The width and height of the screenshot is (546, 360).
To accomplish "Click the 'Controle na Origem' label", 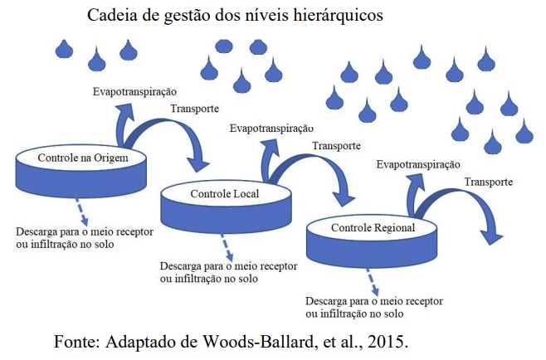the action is (x=83, y=158).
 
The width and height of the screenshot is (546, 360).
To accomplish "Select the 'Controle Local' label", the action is (x=225, y=193).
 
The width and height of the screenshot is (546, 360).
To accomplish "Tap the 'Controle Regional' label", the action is (x=373, y=228).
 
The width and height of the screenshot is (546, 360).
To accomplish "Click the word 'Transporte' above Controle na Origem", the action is (x=195, y=109).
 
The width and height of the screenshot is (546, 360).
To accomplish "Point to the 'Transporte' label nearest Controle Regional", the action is (x=489, y=182).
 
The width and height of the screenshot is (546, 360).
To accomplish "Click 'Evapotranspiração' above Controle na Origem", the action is (x=134, y=91).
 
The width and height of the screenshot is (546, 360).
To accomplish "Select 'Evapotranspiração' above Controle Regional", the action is (x=418, y=164).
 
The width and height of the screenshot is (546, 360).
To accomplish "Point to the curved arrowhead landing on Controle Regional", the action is (x=344, y=197).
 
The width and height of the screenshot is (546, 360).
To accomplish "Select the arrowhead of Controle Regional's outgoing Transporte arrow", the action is (x=491, y=236).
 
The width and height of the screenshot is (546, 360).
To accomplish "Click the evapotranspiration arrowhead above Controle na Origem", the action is (x=124, y=110).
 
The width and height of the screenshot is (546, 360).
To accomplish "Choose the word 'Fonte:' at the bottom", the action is (x=76, y=342).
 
